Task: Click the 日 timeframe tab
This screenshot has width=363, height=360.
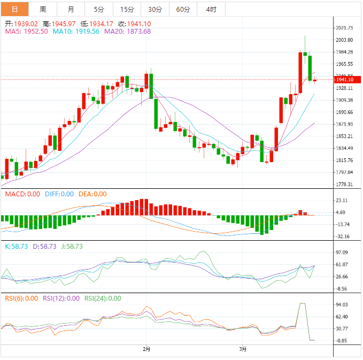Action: (14, 10)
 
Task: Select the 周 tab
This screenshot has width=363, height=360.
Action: (43, 10)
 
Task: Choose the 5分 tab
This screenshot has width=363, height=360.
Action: (99, 10)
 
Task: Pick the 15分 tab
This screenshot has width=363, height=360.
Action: (127, 10)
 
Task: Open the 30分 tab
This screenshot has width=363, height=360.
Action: (155, 10)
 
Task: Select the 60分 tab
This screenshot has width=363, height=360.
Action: (183, 10)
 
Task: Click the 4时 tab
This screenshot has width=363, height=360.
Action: (211, 10)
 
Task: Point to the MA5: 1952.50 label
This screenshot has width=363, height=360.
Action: (27, 32)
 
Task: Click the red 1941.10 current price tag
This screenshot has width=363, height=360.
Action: (347, 80)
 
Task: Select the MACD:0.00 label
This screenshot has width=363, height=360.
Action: (22, 194)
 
